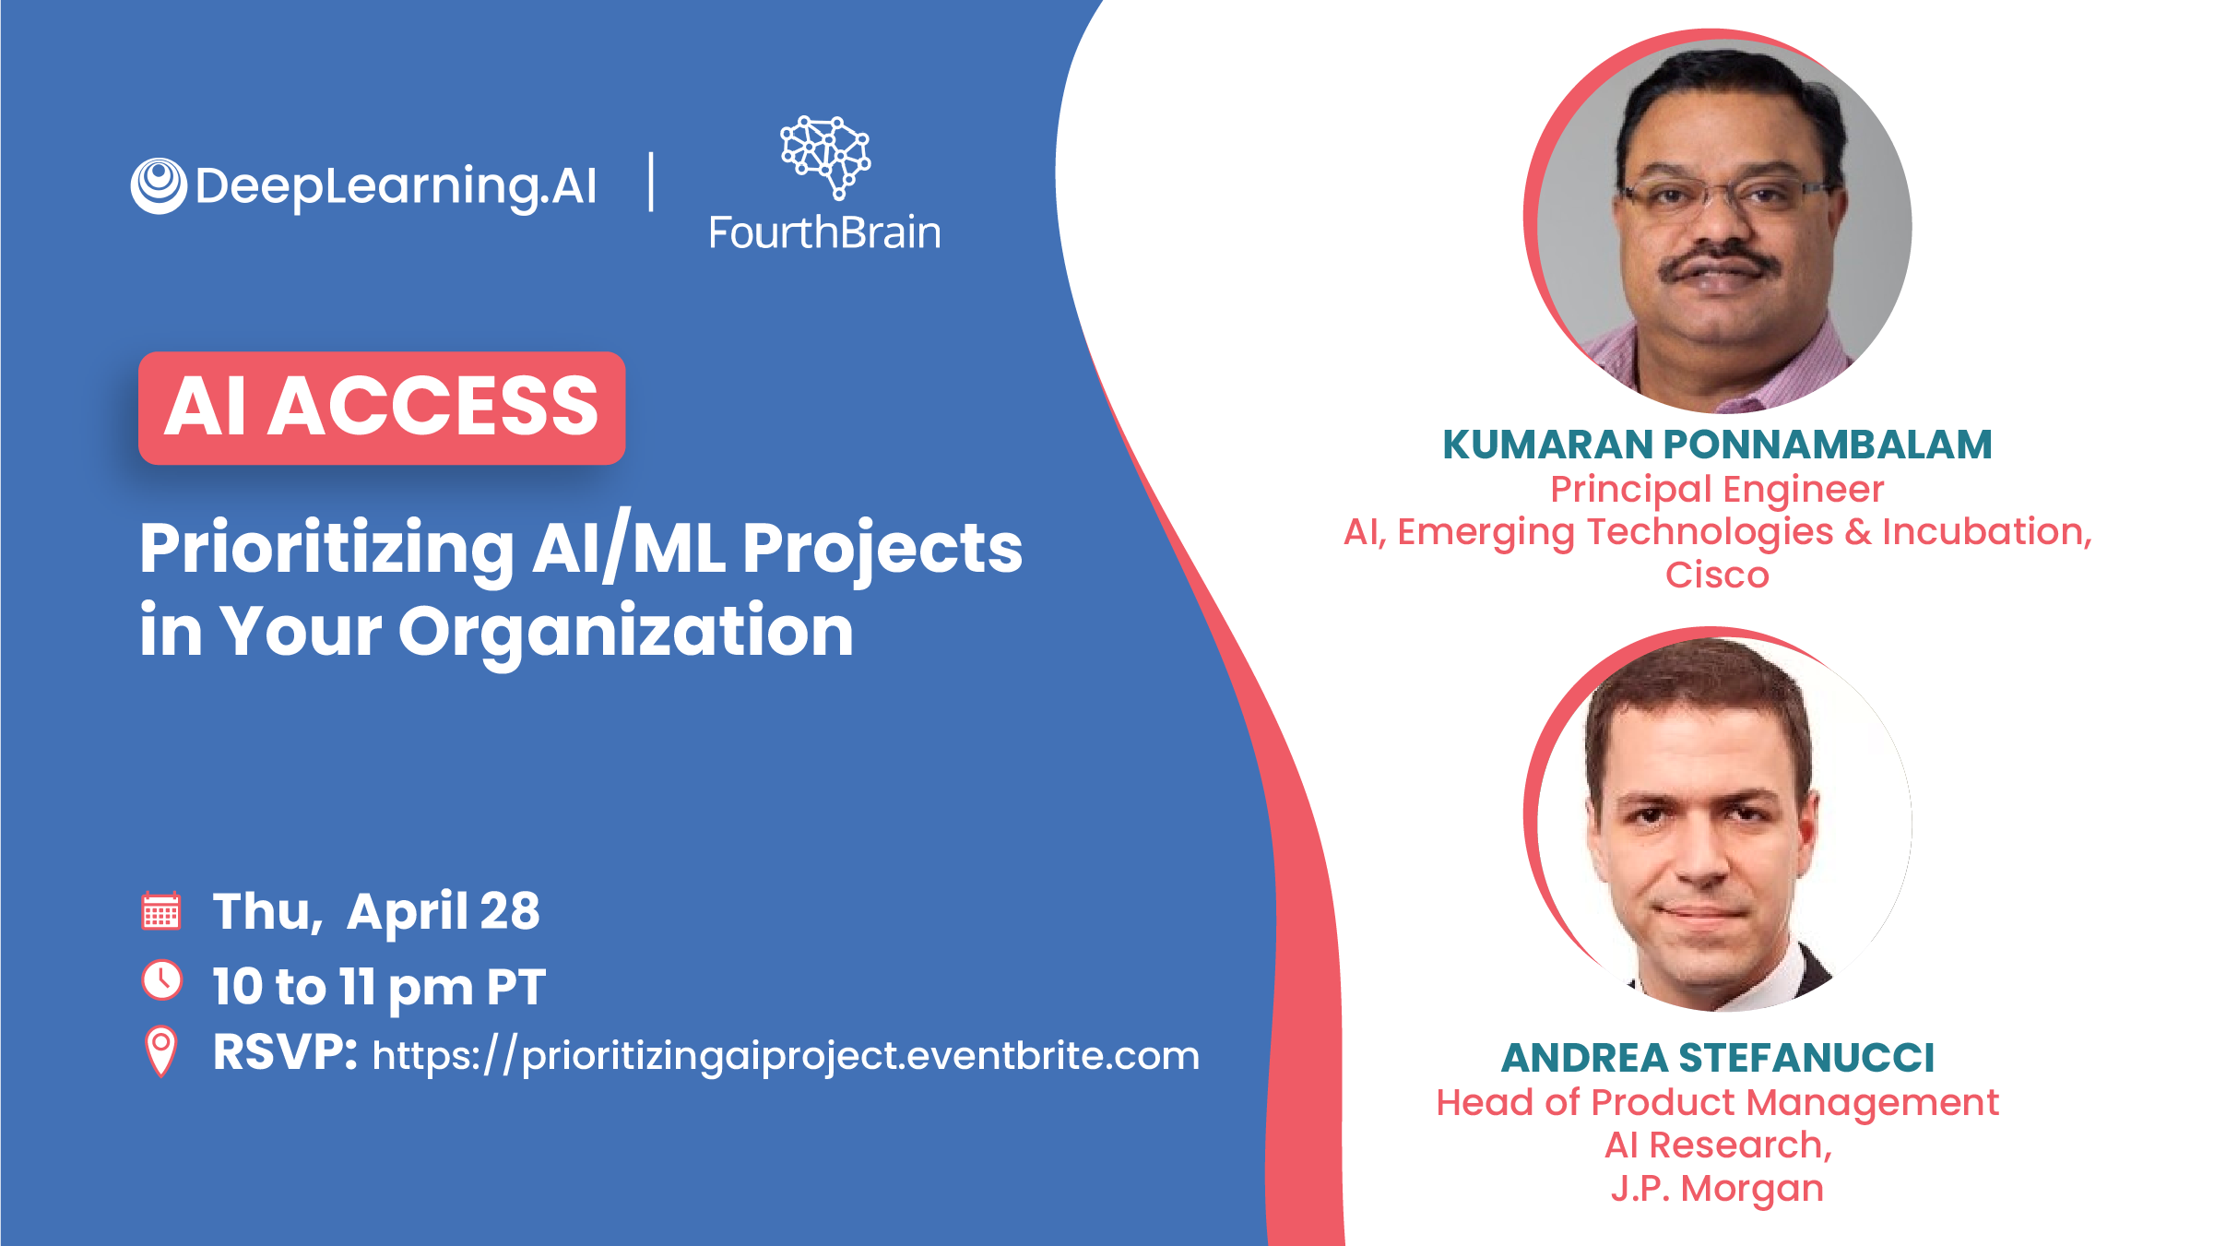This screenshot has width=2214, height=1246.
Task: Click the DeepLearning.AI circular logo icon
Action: (x=159, y=185)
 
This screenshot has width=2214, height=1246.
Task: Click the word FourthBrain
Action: (x=824, y=232)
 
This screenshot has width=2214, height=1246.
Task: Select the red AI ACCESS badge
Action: (x=382, y=408)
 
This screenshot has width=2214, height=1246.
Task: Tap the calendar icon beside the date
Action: (x=161, y=911)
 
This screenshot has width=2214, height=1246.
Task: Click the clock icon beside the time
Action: (x=162, y=980)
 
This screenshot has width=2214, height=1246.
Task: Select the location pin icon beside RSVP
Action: (x=161, y=1051)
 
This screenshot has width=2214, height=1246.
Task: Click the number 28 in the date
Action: (x=510, y=911)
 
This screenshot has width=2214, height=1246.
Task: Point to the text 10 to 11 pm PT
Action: (x=379, y=987)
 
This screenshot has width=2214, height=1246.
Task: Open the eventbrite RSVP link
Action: (x=786, y=1055)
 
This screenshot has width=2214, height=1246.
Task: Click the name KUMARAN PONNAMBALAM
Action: (x=1717, y=445)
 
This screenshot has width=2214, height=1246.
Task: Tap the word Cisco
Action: (x=1717, y=575)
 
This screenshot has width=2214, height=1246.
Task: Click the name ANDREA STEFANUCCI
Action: (x=1717, y=1058)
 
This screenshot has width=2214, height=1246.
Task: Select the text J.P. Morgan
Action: (x=1717, y=1188)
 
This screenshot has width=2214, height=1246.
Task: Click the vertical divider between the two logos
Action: (x=652, y=182)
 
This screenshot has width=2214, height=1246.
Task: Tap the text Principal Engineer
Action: (x=1717, y=490)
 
